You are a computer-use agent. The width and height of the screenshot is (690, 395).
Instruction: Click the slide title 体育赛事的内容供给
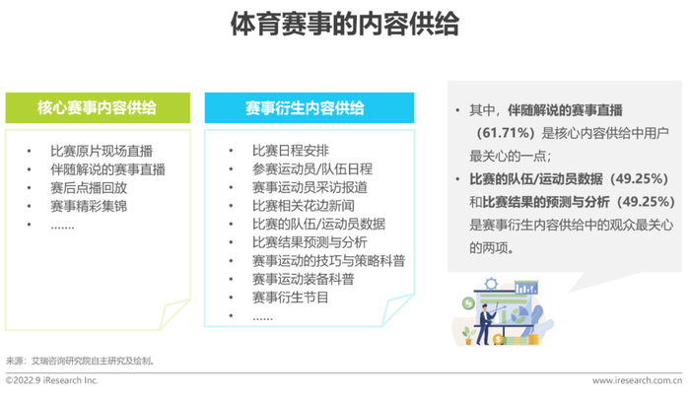tap(345, 24)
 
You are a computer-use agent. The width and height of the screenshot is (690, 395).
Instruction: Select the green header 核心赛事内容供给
tap(98, 107)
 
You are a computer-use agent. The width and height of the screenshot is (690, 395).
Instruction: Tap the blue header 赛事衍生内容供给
tap(309, 107)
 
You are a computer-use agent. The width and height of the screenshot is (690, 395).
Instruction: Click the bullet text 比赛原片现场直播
tap(102, 151)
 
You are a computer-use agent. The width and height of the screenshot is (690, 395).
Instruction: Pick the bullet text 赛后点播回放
tap(89, 188)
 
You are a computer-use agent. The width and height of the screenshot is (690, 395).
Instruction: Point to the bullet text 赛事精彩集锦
tap(89, 206)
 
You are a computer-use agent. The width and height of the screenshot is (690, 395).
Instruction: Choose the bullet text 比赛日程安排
tap(291, 151)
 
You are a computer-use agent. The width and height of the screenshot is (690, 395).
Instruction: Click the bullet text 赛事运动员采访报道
tap(310, 187)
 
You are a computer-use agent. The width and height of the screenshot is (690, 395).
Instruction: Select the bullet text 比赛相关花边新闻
tap(304, 206)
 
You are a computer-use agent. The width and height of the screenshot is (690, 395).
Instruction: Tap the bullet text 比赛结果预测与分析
tap(310, 242)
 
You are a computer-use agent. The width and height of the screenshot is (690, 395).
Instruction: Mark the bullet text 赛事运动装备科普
tap(304, 279)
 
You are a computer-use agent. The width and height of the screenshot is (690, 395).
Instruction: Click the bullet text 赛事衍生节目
tap(291, 297)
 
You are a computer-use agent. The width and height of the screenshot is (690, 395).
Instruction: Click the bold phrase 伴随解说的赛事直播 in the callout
tap(565, 110)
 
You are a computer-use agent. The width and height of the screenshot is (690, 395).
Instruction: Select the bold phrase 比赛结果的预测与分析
tap(546, 202)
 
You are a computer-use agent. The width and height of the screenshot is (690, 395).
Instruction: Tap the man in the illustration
tap(485, 323)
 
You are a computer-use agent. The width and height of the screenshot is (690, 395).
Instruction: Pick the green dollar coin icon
tap(468, 303)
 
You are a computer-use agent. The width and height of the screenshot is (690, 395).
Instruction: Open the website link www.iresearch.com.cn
tap(637, 380)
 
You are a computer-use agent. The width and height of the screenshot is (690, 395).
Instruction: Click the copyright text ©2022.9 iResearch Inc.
tap(51, 380)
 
